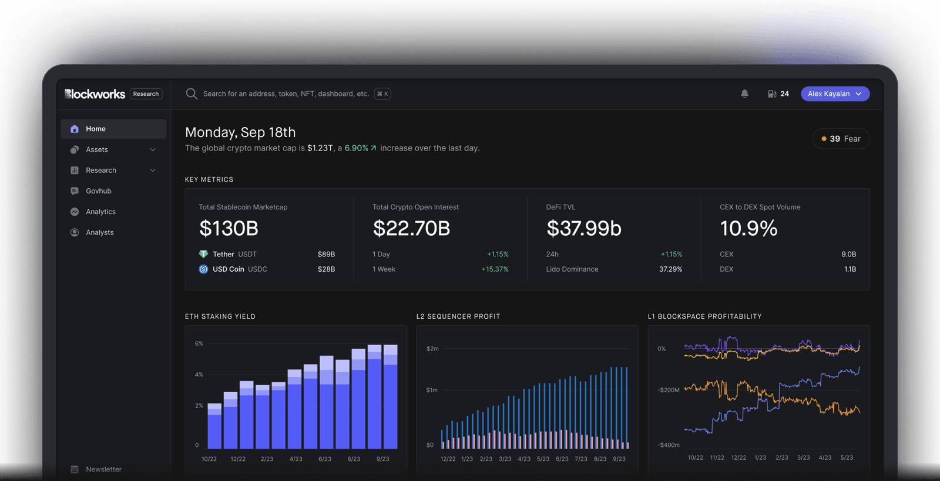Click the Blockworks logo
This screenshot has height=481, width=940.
95,94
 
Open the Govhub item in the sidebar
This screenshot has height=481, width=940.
98,191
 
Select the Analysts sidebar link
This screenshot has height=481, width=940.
99,232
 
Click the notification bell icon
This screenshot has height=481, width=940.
744,94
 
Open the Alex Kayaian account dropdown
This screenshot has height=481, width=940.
835,94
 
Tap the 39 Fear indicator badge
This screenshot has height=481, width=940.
841,139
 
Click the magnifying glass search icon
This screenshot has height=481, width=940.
192,94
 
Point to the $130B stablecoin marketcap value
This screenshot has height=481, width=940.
229,228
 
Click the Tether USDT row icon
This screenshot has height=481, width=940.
203,254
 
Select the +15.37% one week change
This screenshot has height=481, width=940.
495,269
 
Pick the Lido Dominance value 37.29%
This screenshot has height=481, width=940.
670,269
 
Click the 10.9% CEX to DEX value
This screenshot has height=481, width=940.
748,228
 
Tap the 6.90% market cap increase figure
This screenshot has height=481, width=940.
357,148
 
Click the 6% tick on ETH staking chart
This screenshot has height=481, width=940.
199,343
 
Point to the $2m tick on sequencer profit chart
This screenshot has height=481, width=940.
432,349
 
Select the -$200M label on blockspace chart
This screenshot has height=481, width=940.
669,390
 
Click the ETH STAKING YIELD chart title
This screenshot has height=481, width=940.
220,316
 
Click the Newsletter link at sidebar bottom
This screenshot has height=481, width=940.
103,469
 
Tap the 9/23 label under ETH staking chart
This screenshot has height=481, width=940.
382,459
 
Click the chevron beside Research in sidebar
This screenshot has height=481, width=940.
153,171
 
